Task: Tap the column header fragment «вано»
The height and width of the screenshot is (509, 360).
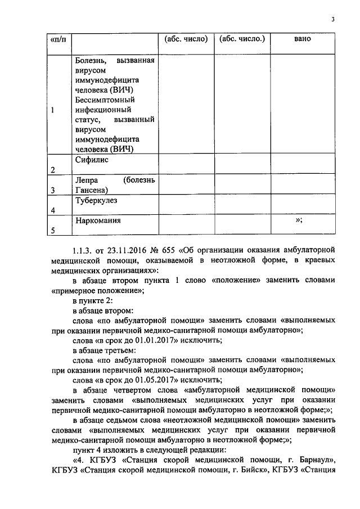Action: (x=303, y=39)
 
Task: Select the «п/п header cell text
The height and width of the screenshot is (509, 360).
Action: (x=58, y=39)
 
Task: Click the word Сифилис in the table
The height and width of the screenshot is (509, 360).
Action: (x=92, y=160)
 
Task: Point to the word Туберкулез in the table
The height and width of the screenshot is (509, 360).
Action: (x=96, y=200)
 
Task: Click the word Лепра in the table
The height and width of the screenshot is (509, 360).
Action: (x=85, y=181)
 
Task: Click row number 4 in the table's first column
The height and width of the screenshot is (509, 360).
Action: (x=53, y=210)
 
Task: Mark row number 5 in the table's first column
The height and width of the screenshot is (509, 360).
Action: (x=53, y=231)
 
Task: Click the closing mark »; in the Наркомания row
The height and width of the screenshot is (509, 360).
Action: (x=299, y=220)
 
